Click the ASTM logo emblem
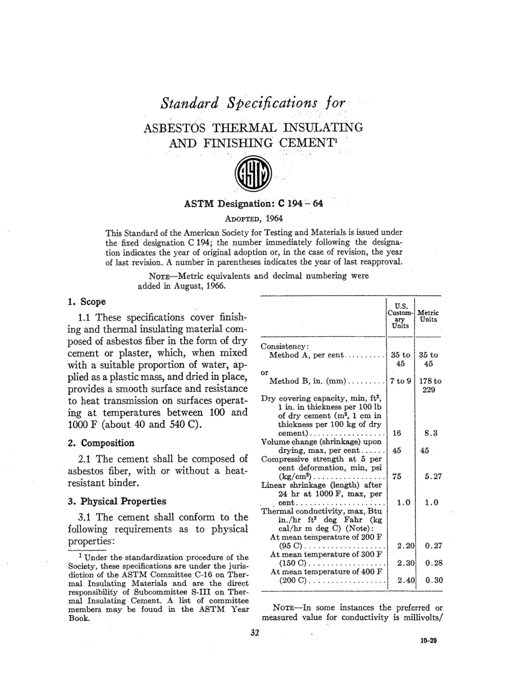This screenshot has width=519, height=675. coord(252,177)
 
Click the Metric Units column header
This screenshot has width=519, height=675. coord(429,316)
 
